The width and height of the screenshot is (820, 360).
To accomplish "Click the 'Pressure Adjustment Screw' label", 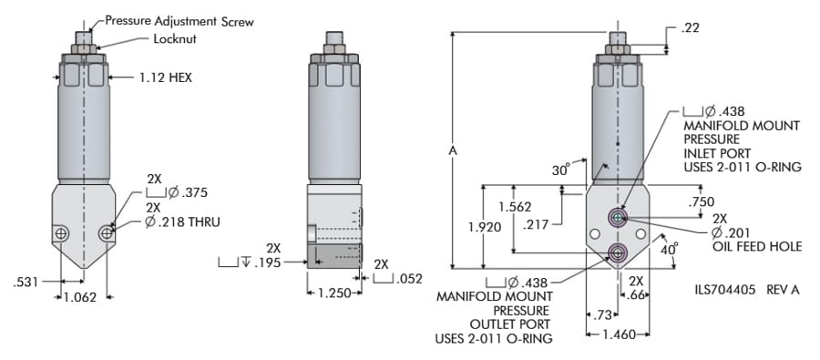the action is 179,21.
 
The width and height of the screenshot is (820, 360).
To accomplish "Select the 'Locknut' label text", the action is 175,38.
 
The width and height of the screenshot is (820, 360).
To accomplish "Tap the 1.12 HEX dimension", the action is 166,78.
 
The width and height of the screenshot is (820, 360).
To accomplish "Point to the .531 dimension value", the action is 26,282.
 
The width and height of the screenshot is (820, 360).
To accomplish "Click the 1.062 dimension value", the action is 80,298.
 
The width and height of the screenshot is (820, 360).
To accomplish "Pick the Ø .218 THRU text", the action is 182,221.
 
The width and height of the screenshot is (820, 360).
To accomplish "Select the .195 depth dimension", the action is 267,262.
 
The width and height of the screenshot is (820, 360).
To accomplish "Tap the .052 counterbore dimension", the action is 409,279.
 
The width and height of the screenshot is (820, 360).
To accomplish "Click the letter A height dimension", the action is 453,150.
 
